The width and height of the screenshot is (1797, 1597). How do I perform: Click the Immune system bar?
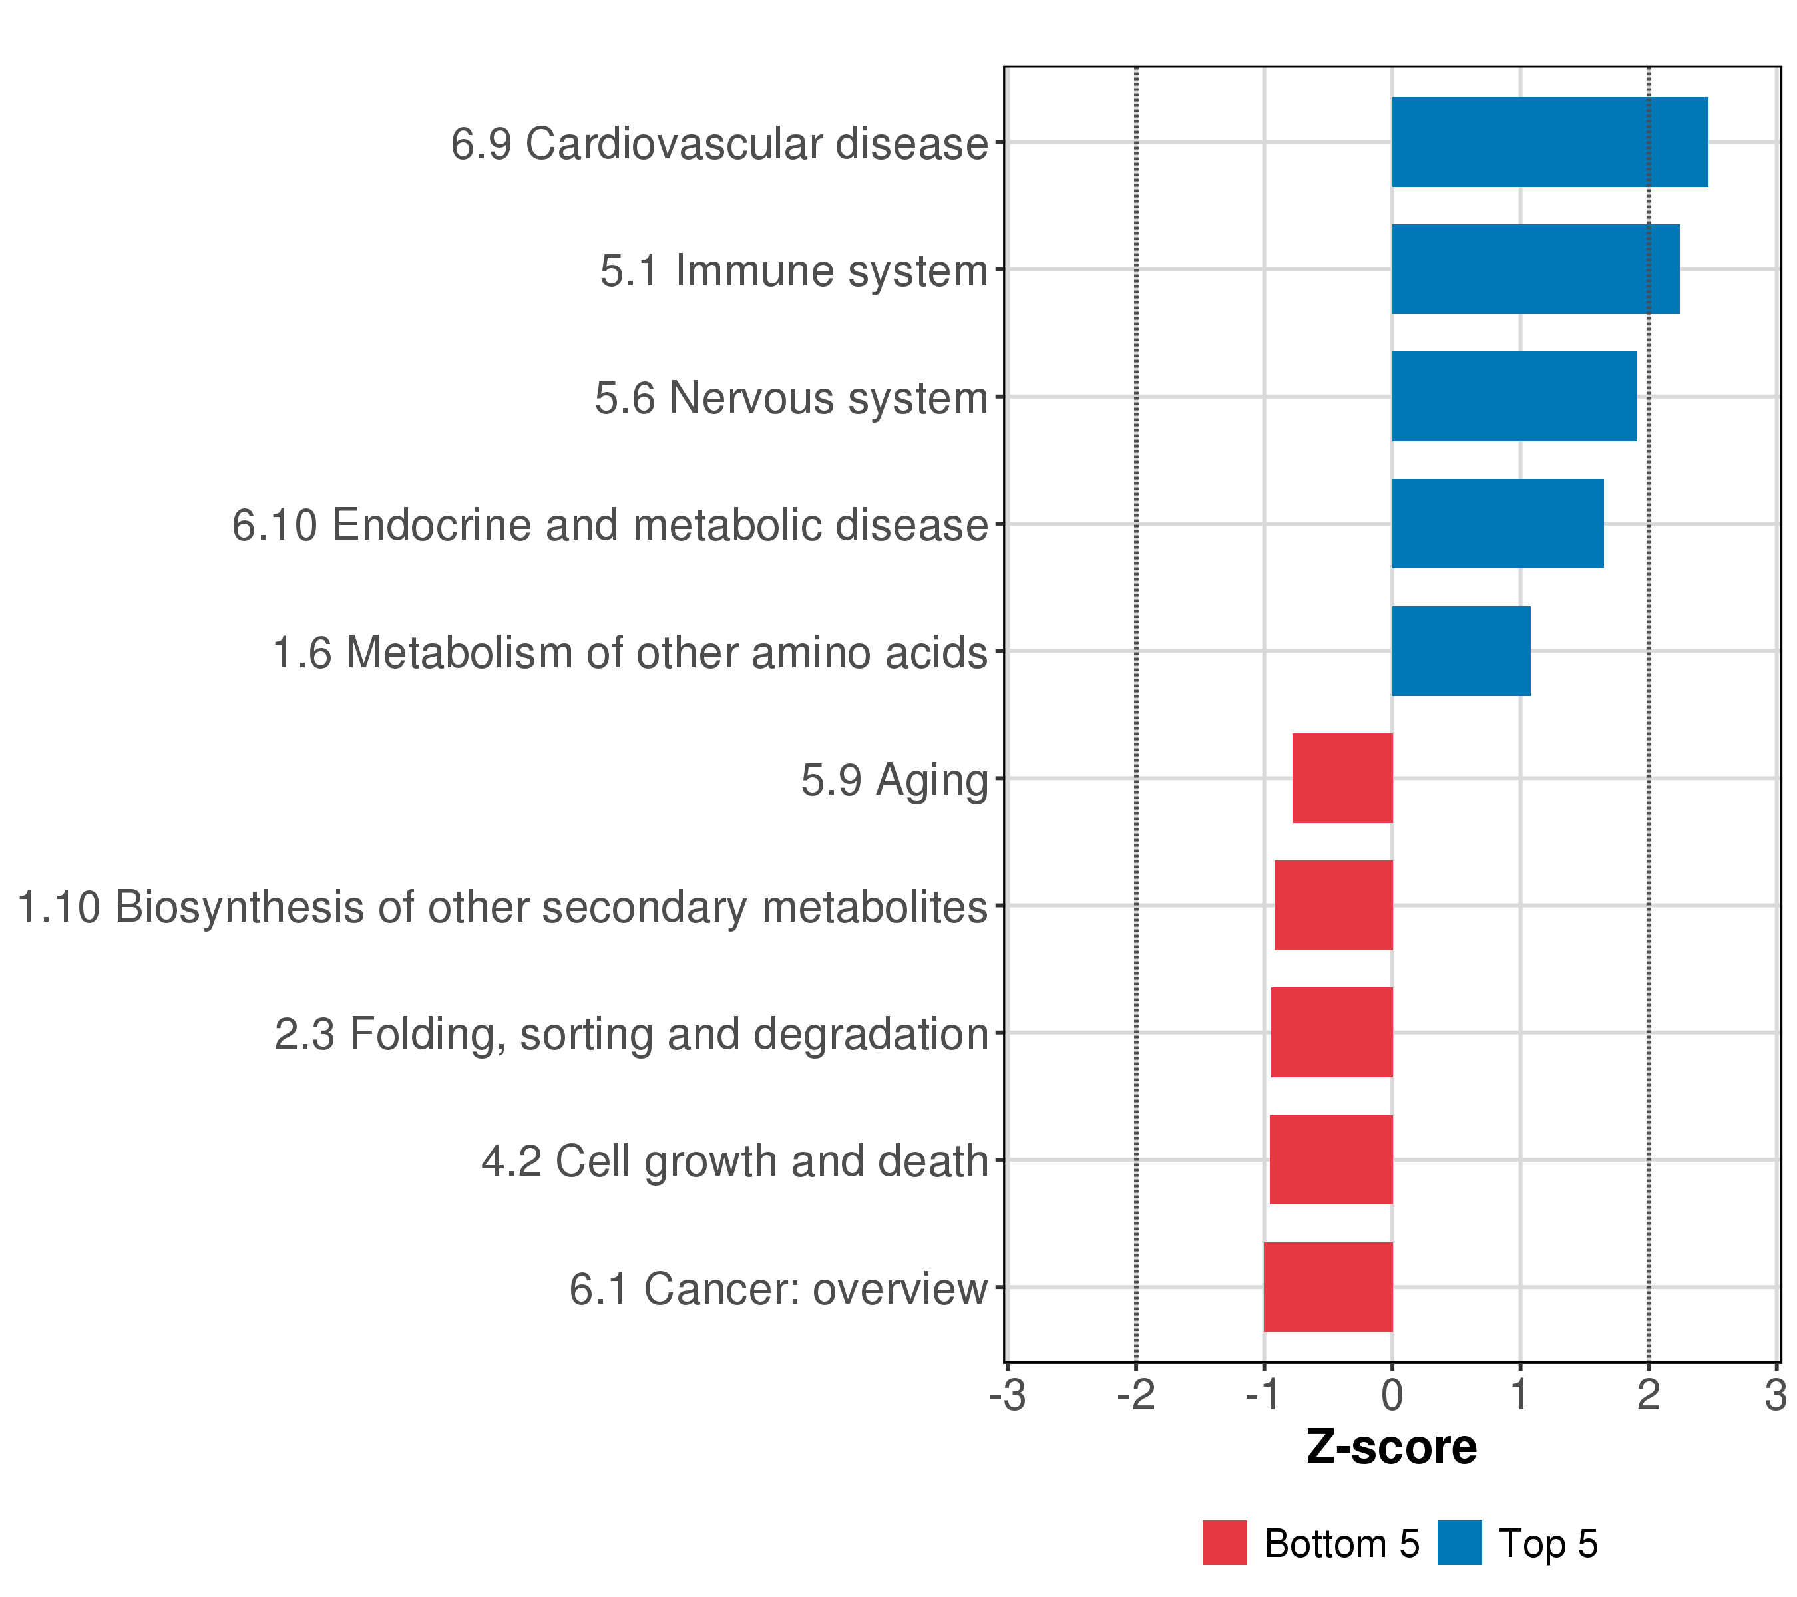coord(1535,269)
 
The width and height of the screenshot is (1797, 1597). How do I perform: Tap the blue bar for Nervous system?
coord(1514,397)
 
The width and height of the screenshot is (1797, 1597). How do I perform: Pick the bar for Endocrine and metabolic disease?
coord(1497,524)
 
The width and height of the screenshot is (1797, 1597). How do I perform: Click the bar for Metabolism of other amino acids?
coord(1460,651)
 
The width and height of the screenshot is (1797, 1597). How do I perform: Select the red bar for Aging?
coord(1342,778)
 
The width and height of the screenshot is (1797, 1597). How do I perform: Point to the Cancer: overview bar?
coord(1328,1287)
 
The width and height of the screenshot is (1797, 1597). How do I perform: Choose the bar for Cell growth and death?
coord(1331,1159)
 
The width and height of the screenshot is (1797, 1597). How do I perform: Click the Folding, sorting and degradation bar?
coord(1332,1033)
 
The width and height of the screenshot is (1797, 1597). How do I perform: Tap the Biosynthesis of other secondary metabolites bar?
coord(1334,905)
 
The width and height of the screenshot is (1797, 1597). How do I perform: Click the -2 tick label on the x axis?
coord(1136,1397)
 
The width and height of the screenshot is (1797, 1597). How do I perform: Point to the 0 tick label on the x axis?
coord(1392,1397)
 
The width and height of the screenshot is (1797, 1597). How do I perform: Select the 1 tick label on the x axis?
coord(1520,1397)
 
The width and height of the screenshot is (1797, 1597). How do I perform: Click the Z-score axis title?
coord(1392,1447)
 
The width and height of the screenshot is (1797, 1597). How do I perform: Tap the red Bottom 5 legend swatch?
coord(1225,1543)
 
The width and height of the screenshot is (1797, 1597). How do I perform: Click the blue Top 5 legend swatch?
coord(1460,1543)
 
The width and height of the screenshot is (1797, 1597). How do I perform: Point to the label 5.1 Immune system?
coord(794,271)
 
